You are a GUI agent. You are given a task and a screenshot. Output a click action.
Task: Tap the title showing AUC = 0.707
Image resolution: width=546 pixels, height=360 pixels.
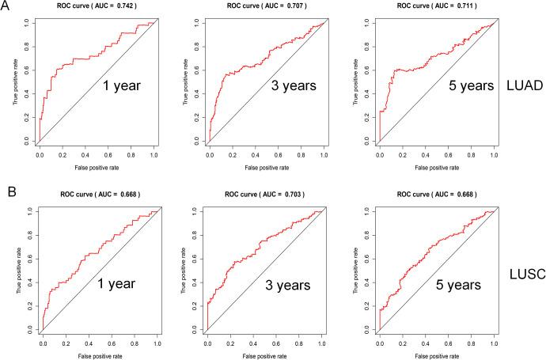click(264, 6)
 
